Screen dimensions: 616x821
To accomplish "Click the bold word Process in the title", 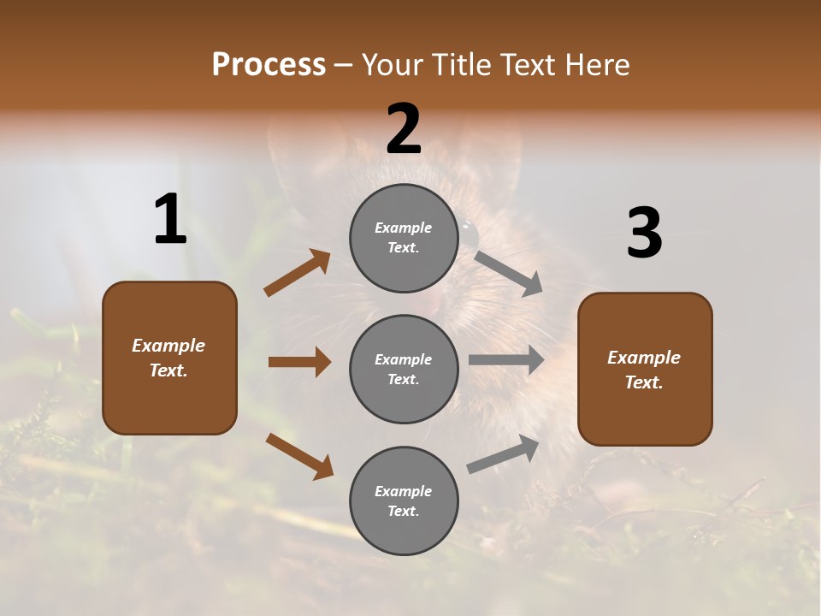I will pos(269,64).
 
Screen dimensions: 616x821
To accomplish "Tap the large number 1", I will pos(170,220).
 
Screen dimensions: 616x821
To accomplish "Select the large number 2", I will pos(404,129).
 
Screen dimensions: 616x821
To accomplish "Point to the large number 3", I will pos(644,234).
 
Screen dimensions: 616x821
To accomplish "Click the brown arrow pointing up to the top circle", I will pos(298,273).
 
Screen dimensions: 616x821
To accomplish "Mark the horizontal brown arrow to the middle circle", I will pos(299,362).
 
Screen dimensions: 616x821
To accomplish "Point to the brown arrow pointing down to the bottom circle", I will pos(299,456).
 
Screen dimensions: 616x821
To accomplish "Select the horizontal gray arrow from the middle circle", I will pos(506,360).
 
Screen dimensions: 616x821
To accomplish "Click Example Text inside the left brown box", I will pos(168,358).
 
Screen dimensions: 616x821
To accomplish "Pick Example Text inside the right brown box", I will pos(644,370).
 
